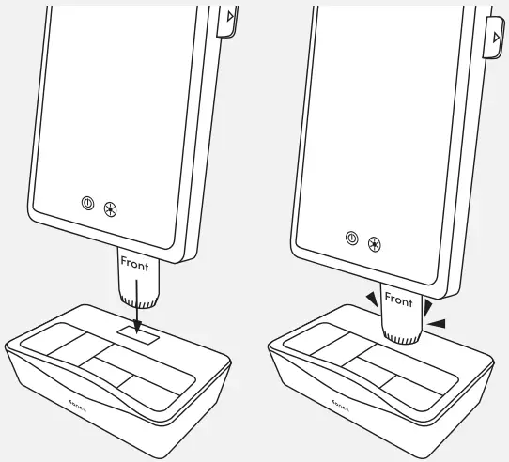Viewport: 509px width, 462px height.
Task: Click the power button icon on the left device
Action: [x=87, y=203]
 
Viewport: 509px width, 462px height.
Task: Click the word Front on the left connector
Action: [x=134, y=265]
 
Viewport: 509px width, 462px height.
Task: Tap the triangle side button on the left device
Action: [x=226, y=20]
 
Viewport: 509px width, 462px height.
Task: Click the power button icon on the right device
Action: [x=351, y=238]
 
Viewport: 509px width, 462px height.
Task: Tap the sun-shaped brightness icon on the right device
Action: [x=375, y=243]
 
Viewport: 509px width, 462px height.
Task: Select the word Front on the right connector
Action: [x=398, y=300]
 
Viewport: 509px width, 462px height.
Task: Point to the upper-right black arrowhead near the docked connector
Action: [x=428, y=306]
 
